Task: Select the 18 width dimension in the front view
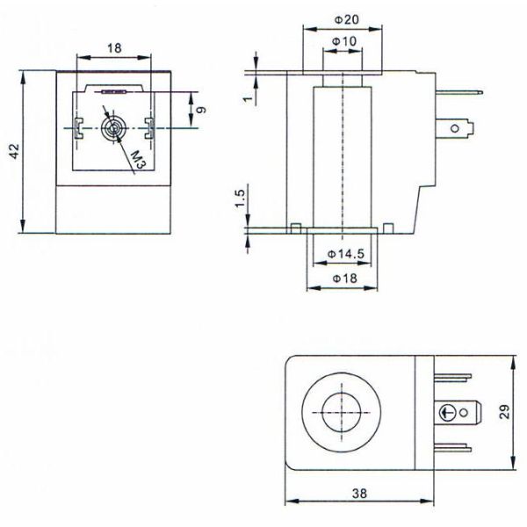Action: [113, 47]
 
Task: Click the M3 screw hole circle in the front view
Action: [112, 129]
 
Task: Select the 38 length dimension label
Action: [358, 495]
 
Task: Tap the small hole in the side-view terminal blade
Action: [455, 130]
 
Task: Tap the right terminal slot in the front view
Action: [148, 127]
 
